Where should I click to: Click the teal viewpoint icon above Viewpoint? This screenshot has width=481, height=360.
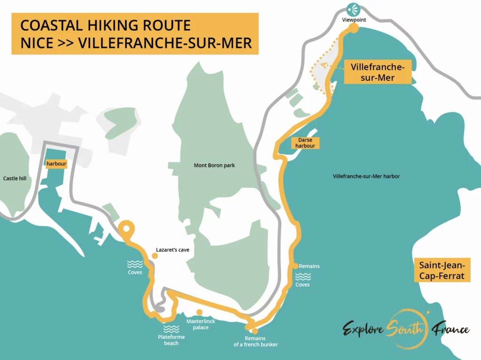tap(353, 9)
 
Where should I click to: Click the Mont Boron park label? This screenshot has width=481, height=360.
tap(214, 165)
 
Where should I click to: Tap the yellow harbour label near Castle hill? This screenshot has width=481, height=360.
tap(56, 164)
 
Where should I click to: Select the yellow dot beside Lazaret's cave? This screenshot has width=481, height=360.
tap(155, 256)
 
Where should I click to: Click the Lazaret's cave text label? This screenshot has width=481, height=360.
tap(172, 250)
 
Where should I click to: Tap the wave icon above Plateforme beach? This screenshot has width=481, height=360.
tap(171, 329)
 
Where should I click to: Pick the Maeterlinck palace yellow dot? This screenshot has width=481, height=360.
tap(200, 312)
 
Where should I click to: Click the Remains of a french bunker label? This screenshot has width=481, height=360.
tap(256, 341)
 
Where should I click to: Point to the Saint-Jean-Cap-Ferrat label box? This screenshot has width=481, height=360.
tap(442, 270)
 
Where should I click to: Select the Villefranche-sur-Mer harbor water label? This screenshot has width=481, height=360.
tap(366, 176)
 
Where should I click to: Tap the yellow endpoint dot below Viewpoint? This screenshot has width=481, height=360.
tap(354, 28)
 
